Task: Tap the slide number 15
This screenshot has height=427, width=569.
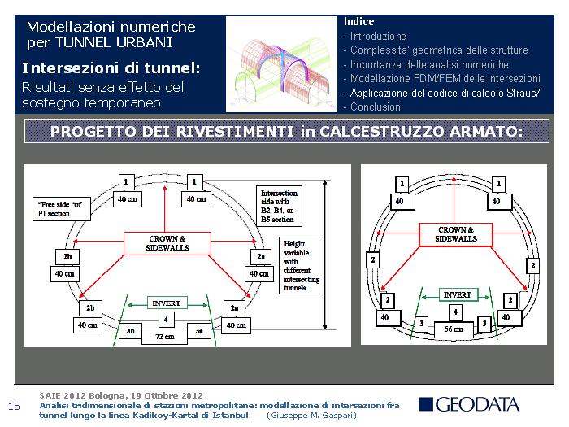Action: (x=14, y=407)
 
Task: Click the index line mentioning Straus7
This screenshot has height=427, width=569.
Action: (x=444, y=93)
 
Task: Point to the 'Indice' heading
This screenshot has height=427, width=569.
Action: (x=359, y=21)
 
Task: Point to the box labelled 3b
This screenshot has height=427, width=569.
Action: (x=131, y=331)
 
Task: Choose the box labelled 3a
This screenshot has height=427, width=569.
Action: (x=199, y=331)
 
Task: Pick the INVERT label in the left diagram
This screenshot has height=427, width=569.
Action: (x=165, y=303)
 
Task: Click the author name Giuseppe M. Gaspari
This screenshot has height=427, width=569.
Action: (x=312, y=415)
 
